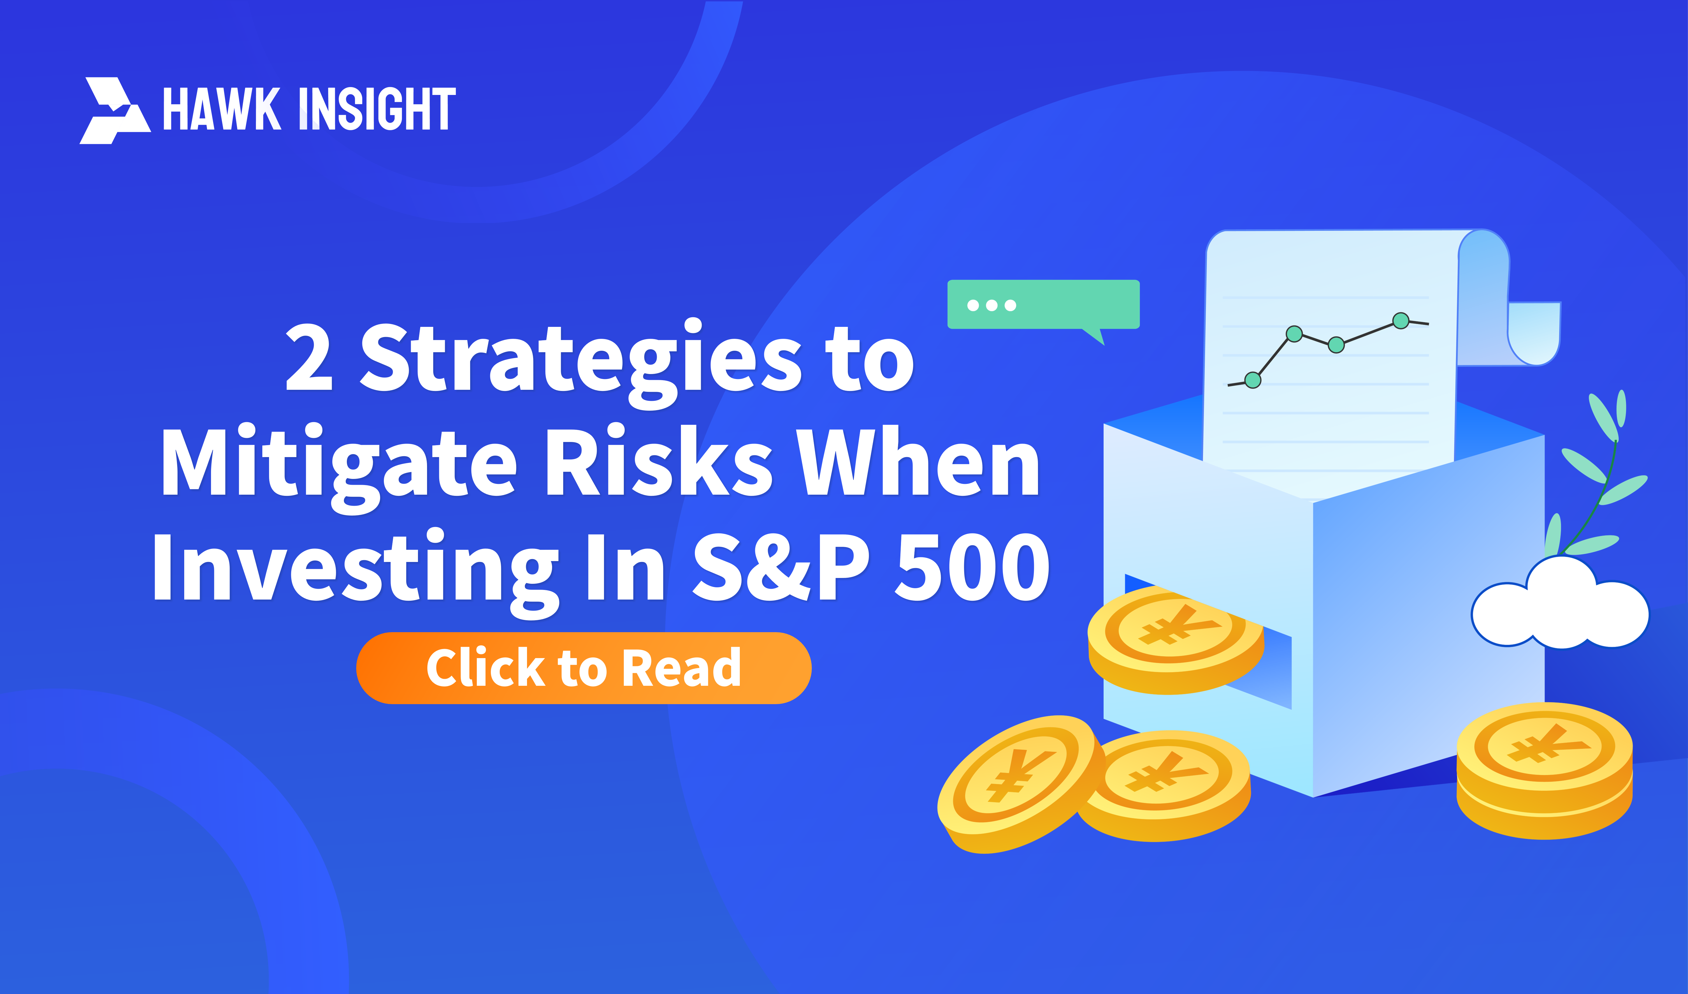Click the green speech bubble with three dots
(x=1043, y=307)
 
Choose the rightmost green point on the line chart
(x=1401, y=321)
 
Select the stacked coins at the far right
(x=1545, y=770)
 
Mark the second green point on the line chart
(x=1294, y=334)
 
